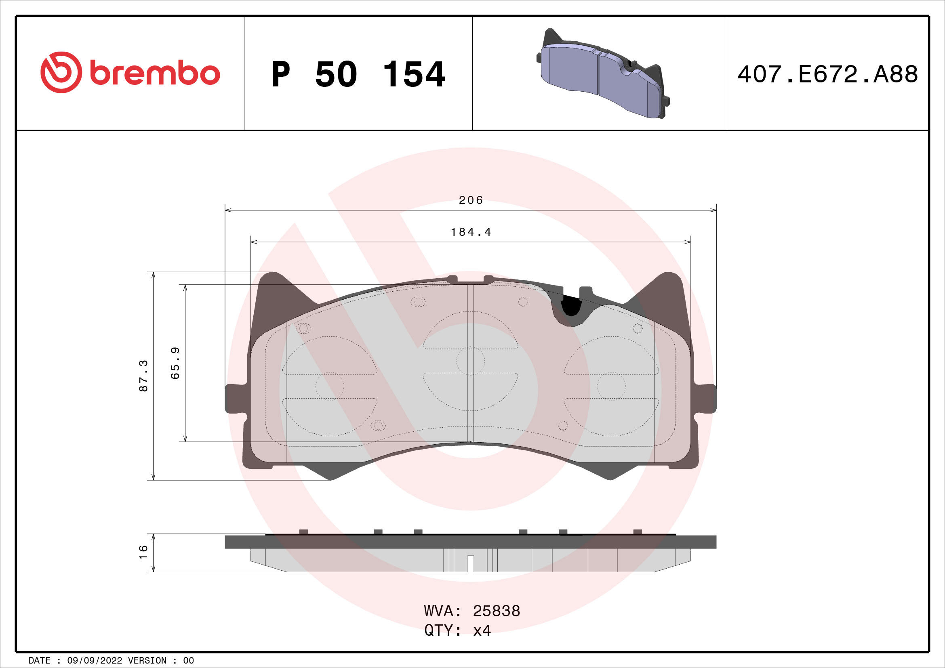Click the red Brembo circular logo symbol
pyautogui.click(x=61, y=72)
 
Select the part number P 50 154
pyautogui.click(x=358, y=74)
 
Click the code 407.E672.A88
pyautogui.click(x=827, y=74)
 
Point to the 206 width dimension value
pyautogui.click(x=471, y=200)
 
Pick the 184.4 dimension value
pyautogui.click(x=471, y=232)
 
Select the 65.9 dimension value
pyautogui.click(x=175, y=363)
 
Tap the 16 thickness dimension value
pyautogui.click(x=143, y=552)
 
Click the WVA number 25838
pyautogui.click(x=497, y=611)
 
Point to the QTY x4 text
pyautogui.click(x=458, y=630)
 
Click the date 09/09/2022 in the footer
pyautogui.click(x=95, y=661)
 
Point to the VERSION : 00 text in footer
pyautogui.click(x=161, y=661)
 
